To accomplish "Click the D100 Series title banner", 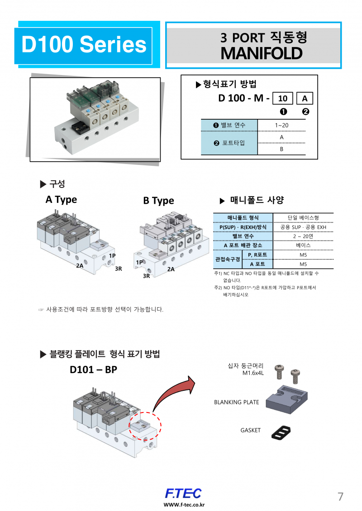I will [x=84, y=45].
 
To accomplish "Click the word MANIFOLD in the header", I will [x=261, y=53].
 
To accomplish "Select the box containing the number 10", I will [x=282, y=98].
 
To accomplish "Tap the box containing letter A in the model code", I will [x=305, y=98].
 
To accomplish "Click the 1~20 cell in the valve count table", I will [x=281, y=125].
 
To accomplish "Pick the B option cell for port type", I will [x=281, y=149].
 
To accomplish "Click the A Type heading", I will [x=61, y=200].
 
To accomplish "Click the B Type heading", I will [x=158, y=201].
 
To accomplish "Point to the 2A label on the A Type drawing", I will [x=80, y=266].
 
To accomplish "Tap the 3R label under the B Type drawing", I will [x=146, y=276].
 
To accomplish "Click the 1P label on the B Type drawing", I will [x=139, y=262].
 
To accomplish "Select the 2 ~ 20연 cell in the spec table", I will [x=303, y=236].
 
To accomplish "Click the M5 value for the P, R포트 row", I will [x=303, y=255].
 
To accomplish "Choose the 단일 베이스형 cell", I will [x=303, y=218].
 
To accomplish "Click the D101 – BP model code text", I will [x=93, y=370].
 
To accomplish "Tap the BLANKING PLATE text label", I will [x=236, y=402].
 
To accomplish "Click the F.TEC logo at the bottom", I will [x=183, y=493].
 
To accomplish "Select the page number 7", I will [x=340, y=497].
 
